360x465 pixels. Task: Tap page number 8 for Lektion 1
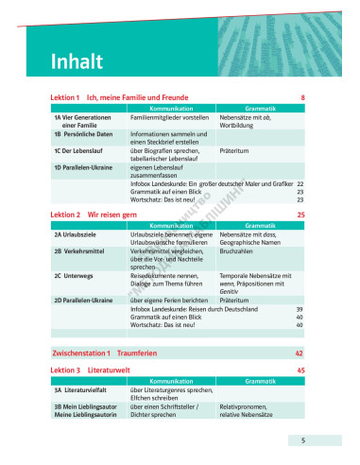tap(302, 98)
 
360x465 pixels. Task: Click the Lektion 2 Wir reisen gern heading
tap(88, 215)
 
